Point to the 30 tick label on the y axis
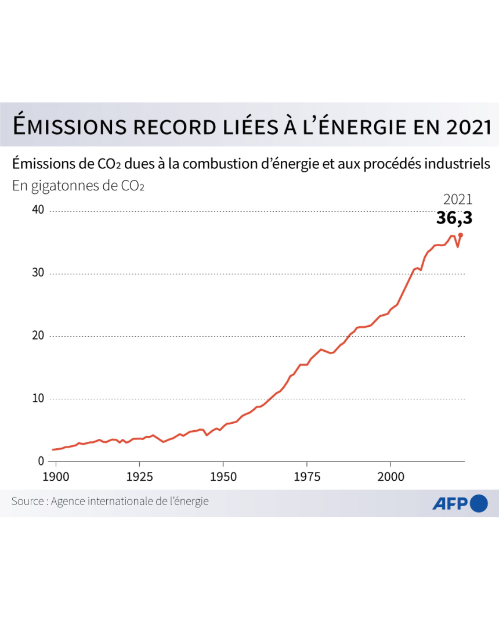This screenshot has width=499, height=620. click(x=38, y=273)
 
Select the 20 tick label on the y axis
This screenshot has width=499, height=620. click(x=38, y=336)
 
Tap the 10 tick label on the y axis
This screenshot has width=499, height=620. click(x=38, y=398)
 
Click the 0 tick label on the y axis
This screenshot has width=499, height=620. click(x=41, y=461)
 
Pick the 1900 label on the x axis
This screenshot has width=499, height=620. click(x=56, y=477)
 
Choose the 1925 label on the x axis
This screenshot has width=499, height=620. click(x=140, y=477)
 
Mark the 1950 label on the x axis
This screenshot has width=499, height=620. click(x=223, y=477)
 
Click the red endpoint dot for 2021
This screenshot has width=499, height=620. click(x=461, y=235)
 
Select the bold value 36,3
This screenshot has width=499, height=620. click(x=454, y=218)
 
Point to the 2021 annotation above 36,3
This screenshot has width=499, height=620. click(x=458, y=200)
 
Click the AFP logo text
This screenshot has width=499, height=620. click(x=450, y=503)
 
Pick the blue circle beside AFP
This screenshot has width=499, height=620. click(x=479, y=503)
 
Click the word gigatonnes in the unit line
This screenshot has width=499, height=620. click(x=65, y=186)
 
